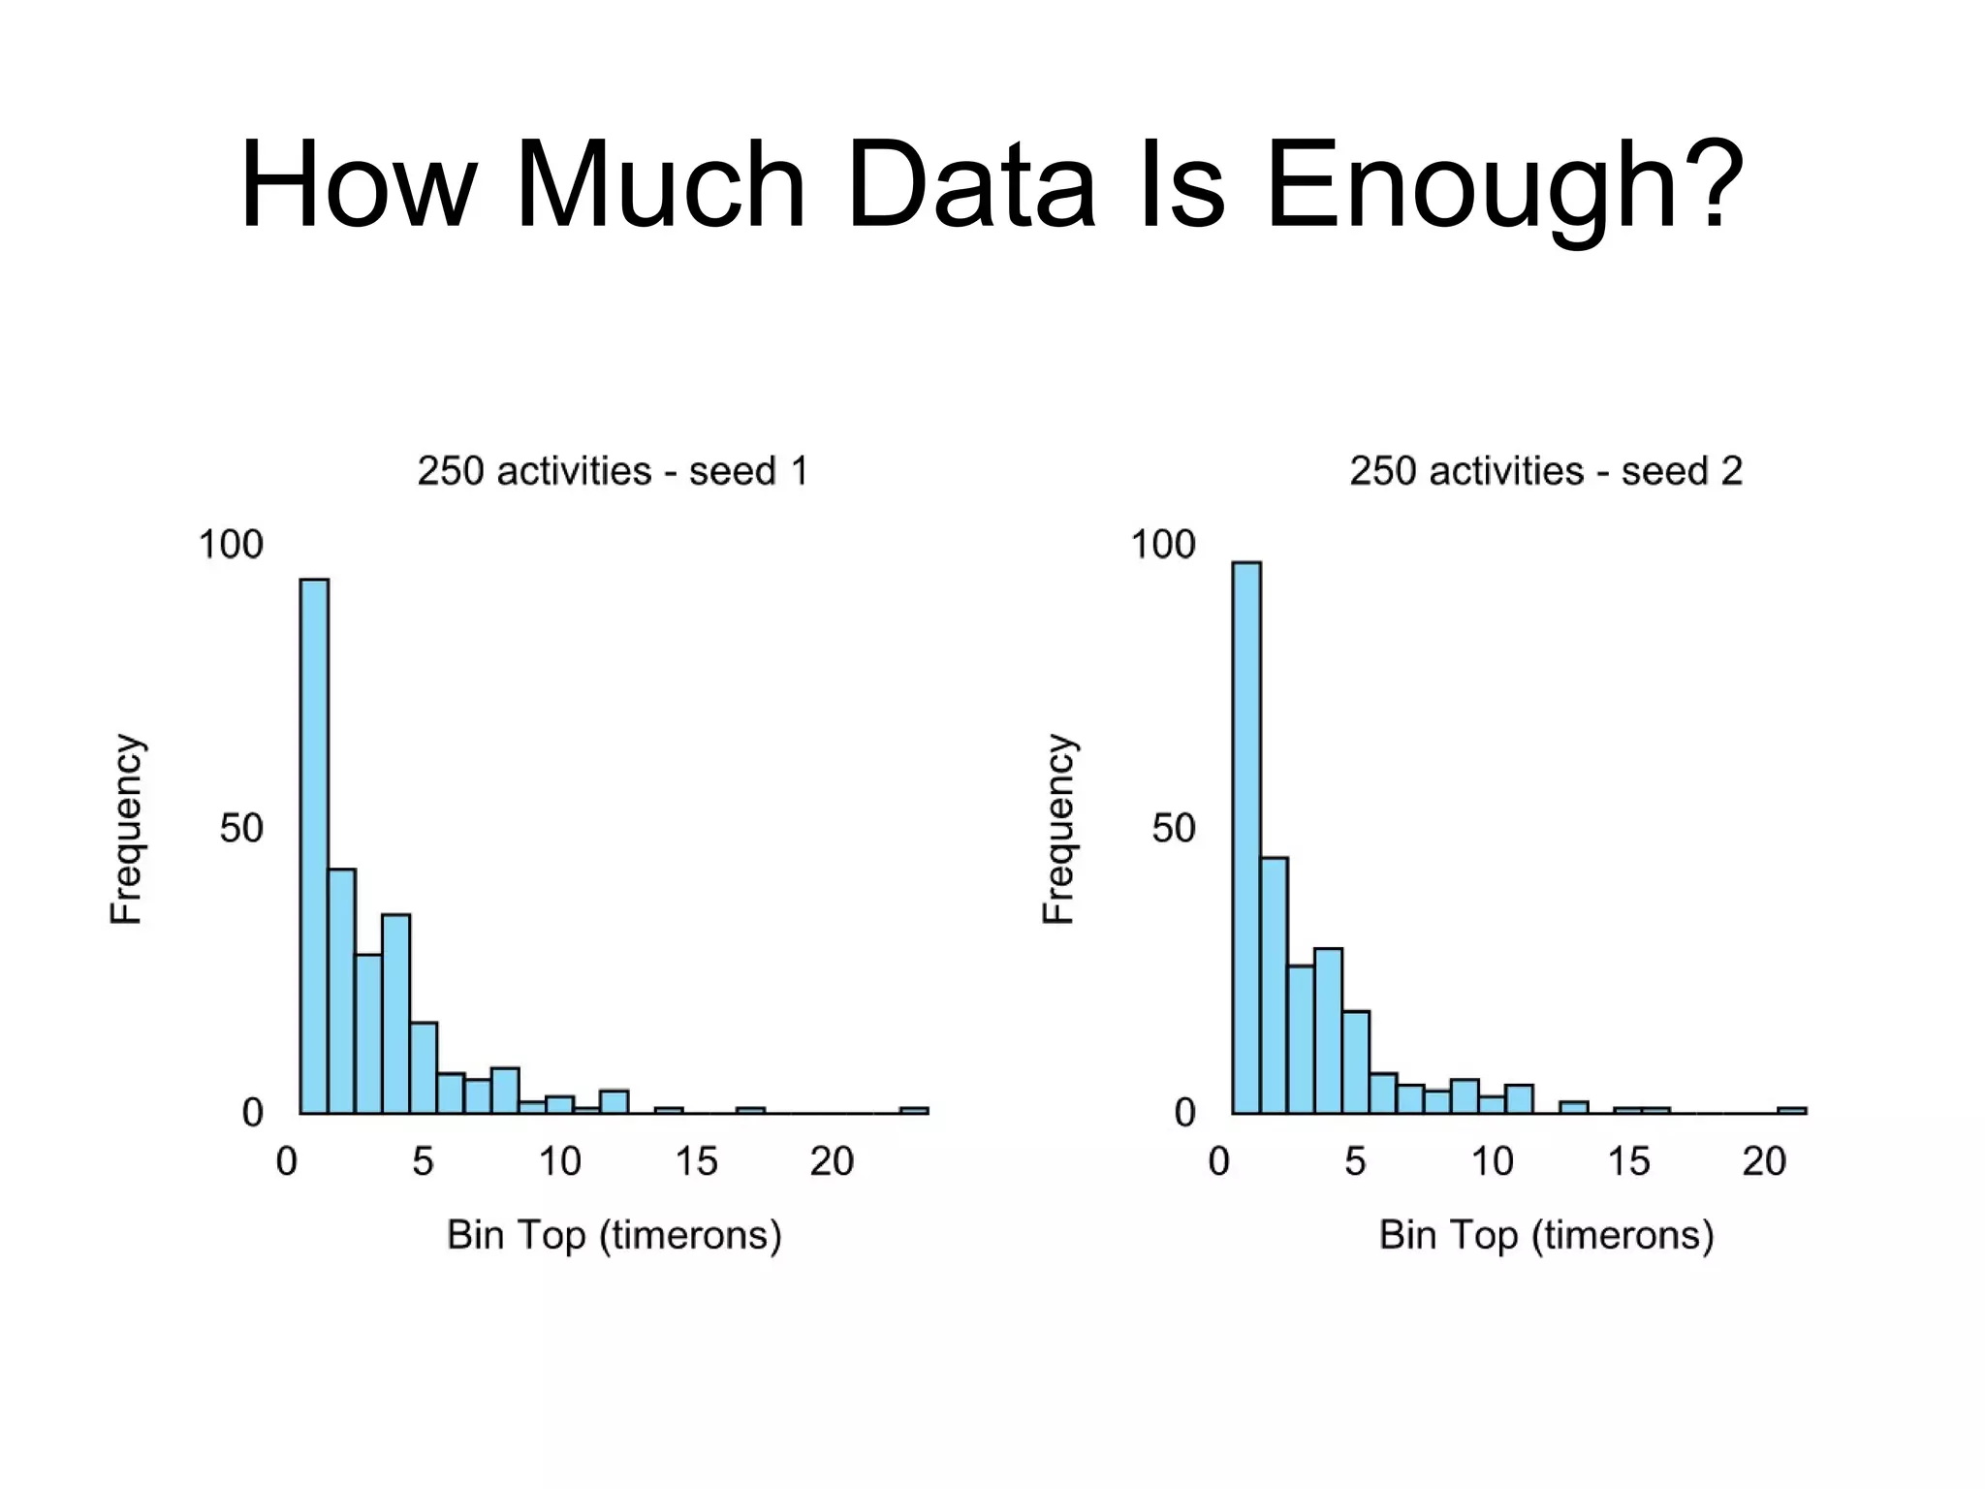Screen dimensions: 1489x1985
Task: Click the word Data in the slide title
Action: tap(970, 184)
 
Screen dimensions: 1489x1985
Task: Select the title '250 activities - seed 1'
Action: tap(613, 471)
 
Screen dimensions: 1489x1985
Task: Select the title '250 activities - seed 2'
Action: tap(1546, 471)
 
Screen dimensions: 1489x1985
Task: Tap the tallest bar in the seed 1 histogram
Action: tap(314, 843)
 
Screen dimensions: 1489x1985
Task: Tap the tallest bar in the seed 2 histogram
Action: tap(1246, 834)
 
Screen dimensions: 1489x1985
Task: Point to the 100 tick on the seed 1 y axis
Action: tap(231, 545)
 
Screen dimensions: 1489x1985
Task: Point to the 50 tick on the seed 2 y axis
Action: tap(1173, 829)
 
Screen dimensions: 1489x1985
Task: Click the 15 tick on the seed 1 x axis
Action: tap(696, 1161)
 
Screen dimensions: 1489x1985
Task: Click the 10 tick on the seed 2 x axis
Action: tap(1492, 1161)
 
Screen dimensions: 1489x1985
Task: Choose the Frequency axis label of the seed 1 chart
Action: tap(127, 830)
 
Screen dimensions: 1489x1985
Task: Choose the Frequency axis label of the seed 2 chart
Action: tap(1059, 830)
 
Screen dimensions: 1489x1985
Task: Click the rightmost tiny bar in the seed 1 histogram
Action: tap(914, 1110)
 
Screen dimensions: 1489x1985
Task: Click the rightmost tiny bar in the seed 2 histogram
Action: tap(1792, 1110)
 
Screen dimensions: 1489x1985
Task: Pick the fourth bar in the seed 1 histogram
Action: tap(395, 1013)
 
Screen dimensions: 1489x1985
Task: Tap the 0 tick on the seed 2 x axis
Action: tap(1218, 1161)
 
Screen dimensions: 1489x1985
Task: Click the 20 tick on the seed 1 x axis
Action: tap(832, 1161)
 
